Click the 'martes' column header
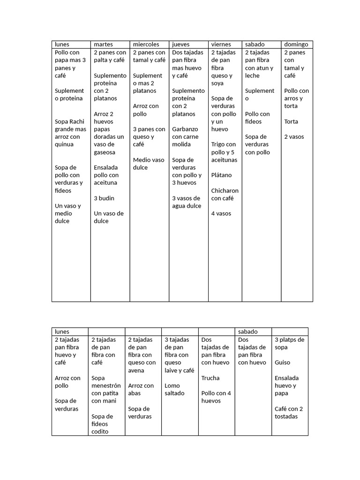coord(103,45)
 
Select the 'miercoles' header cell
coord(146,45)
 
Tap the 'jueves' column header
coord(181,45)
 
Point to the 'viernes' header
coord(221,45)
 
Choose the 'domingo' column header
coord(296,45)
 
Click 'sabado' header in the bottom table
coord(248,331)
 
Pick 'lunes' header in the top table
coord(62,45)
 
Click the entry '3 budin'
coord(104,198)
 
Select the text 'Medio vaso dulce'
coord(149,164)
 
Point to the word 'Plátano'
coord(221,175)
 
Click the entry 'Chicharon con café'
coord(225,194)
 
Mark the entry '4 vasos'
coord(221,213)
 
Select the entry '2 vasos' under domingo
coord(294,136)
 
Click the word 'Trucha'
coord(210,378)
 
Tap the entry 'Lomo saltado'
coord(174,389)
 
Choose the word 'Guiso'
coord(282,362)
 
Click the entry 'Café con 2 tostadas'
coord(289,412)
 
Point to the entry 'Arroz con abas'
coord(141,389)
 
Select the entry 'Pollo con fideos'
coord(257,118)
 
